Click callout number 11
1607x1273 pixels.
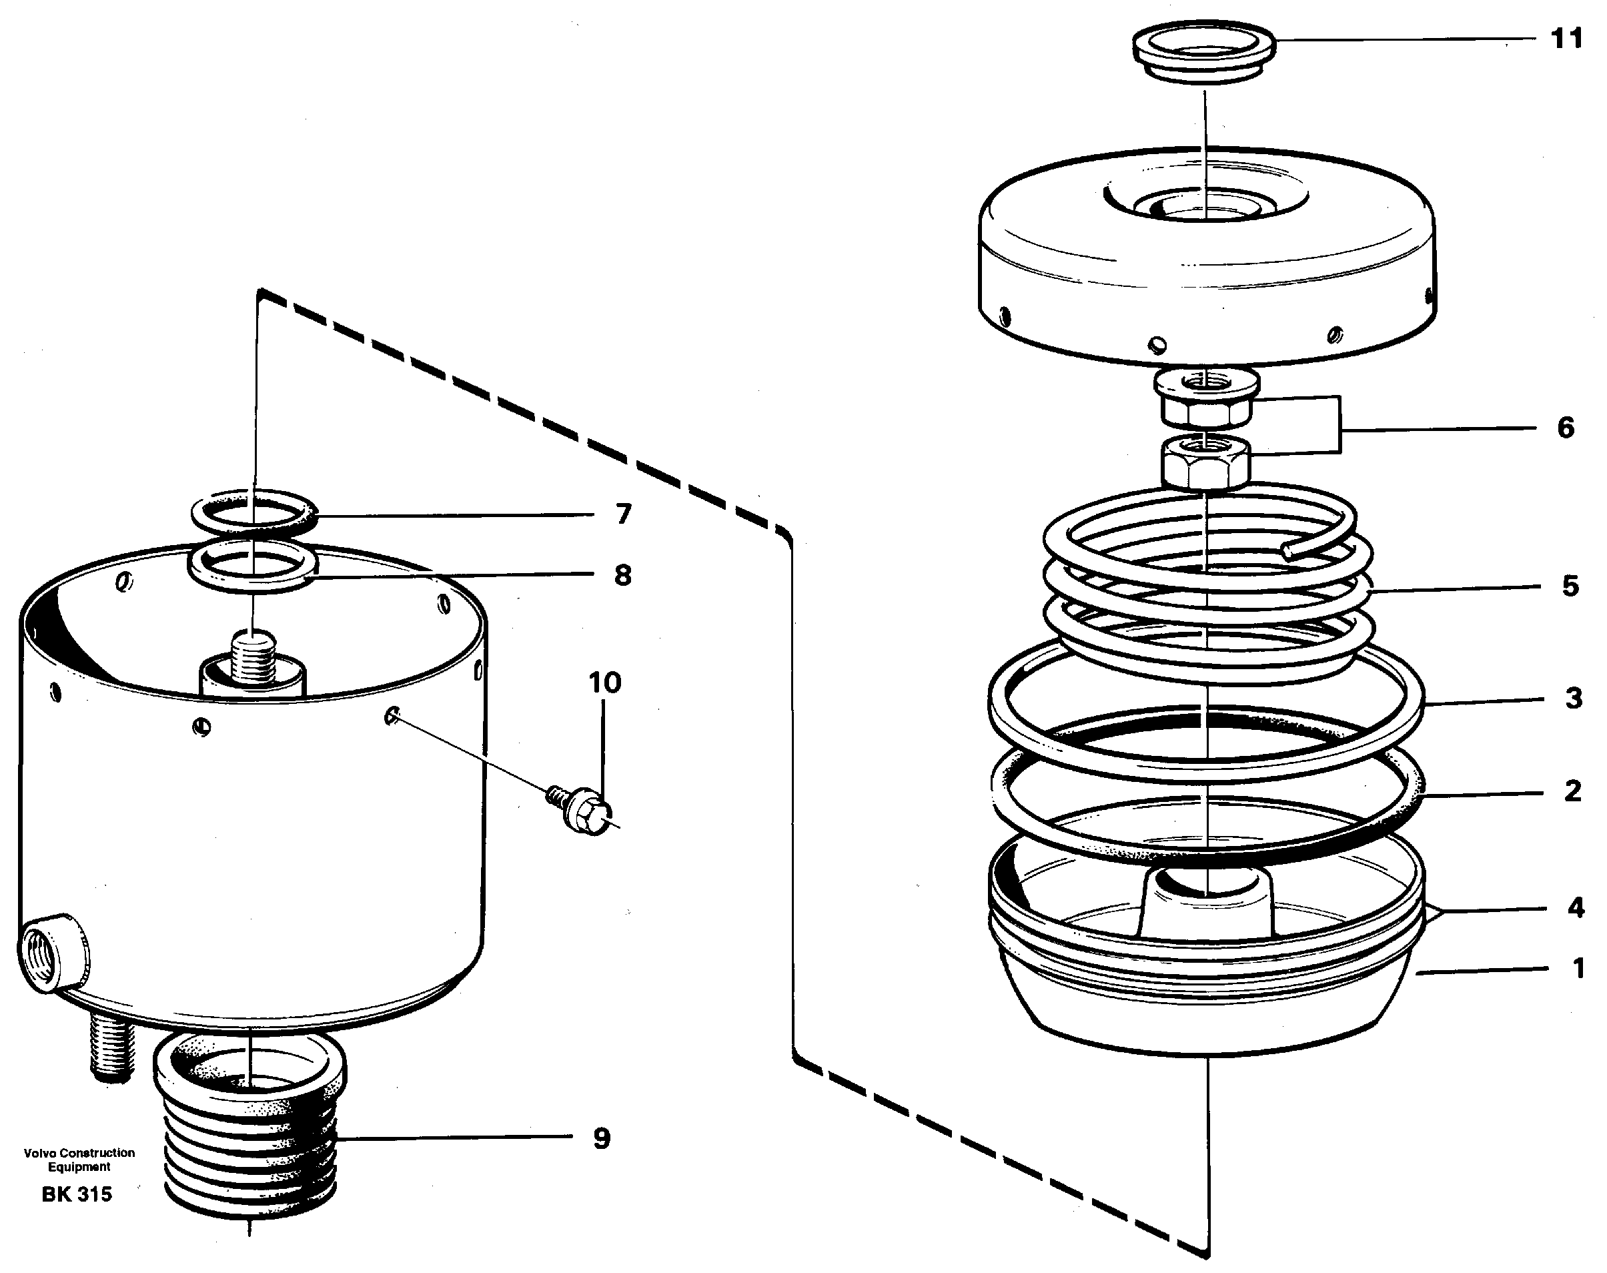click(x=1566, y=38)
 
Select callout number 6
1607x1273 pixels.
click(x=1565, y=428)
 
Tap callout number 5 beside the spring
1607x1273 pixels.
click(x=1570, y=586)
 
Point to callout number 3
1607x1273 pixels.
click(x=1572, y=699)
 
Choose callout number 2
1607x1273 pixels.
click(x=1572, y=791)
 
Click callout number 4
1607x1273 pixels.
click(x=1575, y=907)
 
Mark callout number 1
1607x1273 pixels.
click(x=1577, y=968)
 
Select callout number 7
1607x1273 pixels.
click(x=623, y=514)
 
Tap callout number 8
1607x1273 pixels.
click(x=623, y=574)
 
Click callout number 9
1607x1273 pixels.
click(x=601, y=1138)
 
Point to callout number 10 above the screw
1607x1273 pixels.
click(x=604, y=682)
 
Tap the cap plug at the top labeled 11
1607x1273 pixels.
click(x=1204, y=52)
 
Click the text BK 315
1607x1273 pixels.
click(x=77, y=1194)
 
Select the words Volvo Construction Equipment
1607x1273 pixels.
click(x=79, y=1160)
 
